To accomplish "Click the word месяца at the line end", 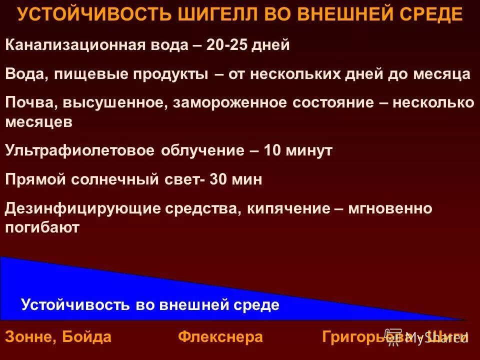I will [x=442, y=74].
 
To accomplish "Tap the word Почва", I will [x=31, y=103].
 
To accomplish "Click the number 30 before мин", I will [x=218, y=179].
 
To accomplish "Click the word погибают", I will [x=42, y=227].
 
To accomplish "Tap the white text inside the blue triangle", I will [x=150, y=304].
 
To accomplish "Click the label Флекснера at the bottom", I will [x=220, y=337].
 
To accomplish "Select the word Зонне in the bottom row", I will [x=31, y=337].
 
